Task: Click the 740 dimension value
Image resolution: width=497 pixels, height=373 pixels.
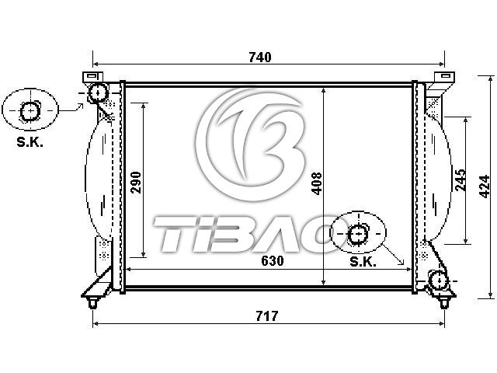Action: click(260, 58)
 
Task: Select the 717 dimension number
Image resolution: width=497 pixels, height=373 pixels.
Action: click(267, 316)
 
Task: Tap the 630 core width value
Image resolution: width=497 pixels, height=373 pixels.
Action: click(273, 261)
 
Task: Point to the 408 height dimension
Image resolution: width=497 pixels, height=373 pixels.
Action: click(316, 183)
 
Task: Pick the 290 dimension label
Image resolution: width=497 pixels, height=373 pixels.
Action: click(137, 183)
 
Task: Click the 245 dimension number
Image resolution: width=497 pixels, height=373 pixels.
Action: click(461, 180)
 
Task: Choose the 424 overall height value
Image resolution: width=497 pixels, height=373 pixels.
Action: click(485, 186)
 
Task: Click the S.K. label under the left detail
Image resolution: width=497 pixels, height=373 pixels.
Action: click(30, 142)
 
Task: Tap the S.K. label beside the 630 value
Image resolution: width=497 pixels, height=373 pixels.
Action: click(363, 262)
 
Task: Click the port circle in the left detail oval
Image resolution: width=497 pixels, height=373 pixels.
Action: click(30, 111)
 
